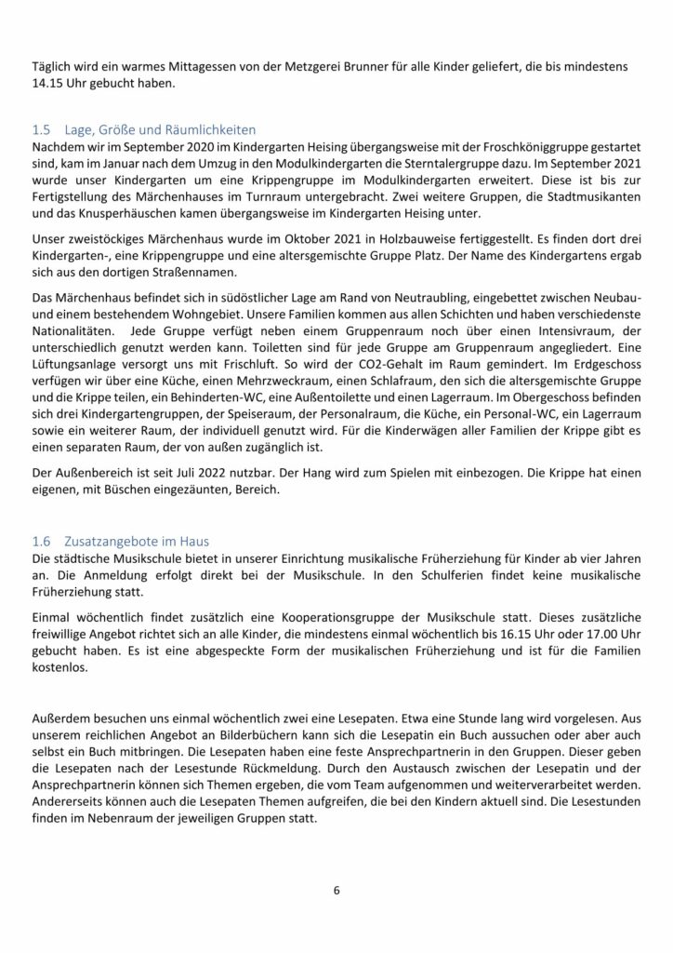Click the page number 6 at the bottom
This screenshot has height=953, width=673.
[x=336, y=891]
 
